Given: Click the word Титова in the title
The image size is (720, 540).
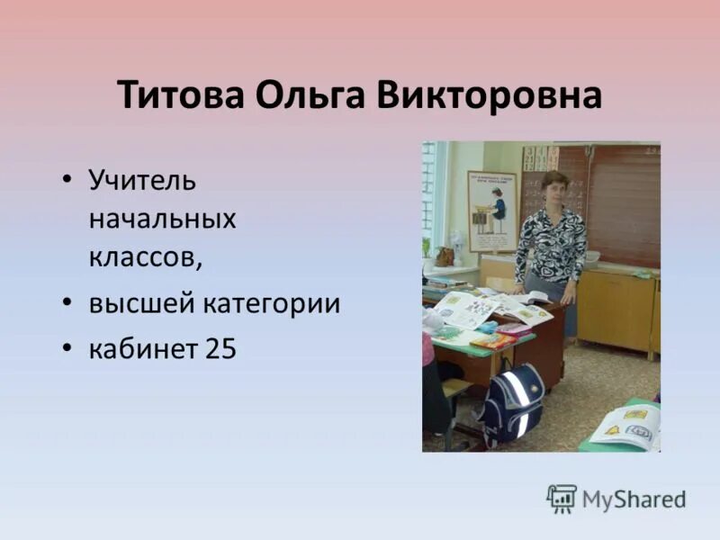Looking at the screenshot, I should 180,95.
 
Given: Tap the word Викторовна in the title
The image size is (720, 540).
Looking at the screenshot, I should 489,95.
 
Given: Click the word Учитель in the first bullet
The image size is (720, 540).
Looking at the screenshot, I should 142,179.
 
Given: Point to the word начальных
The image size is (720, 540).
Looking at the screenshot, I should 162,218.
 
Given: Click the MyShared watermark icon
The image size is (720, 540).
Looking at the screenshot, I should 562,499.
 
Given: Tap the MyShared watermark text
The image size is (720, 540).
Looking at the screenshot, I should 634,499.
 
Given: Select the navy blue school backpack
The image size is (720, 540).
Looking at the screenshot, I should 512,403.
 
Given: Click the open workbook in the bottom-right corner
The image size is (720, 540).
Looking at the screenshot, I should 627,427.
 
